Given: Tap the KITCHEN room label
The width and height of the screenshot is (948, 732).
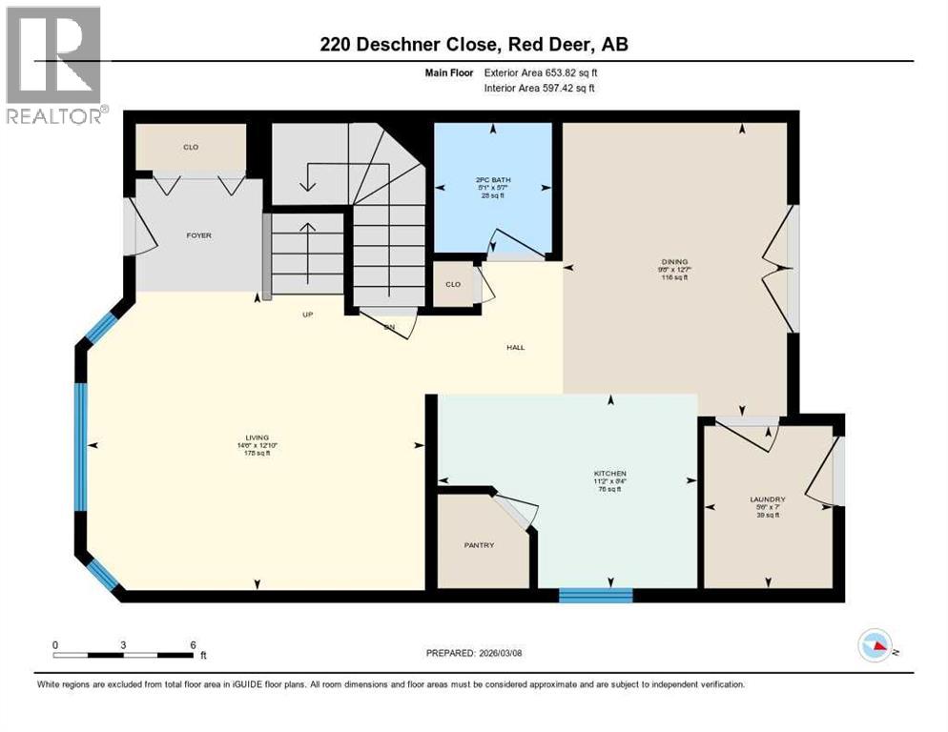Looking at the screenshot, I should pos(608,474).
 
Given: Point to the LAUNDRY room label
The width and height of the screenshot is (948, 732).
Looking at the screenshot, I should pos(767,498).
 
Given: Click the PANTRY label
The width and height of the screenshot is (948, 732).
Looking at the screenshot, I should pos(479,545).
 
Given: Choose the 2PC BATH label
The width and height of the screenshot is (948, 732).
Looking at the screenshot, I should pos(489,179).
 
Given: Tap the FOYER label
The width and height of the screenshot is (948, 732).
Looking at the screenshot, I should pos(198,235).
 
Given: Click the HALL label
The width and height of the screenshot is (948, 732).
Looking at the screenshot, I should pos(515,347).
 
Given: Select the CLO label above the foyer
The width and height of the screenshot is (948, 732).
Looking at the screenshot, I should pos(190,148).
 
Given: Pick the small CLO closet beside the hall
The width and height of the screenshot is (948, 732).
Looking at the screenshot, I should pos(453,284).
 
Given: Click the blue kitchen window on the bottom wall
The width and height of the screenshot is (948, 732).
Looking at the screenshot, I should pos(595,596).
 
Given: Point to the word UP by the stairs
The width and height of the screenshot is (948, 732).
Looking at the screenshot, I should pos(308,315).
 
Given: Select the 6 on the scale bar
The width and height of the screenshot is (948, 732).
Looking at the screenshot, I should pos(193,644).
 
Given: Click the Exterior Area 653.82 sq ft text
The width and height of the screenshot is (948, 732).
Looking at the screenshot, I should pos(541,71).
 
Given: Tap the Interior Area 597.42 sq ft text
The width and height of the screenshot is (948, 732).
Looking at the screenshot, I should pos(541,88).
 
